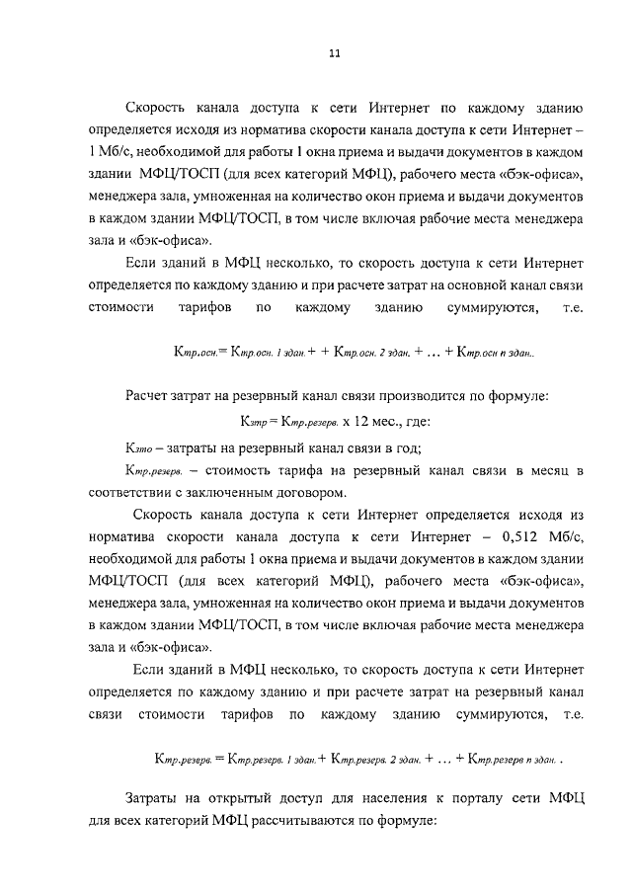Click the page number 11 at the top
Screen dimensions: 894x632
(334, 55)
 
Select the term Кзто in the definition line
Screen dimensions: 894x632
(143, 447)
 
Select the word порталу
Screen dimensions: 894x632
(460, 798)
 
